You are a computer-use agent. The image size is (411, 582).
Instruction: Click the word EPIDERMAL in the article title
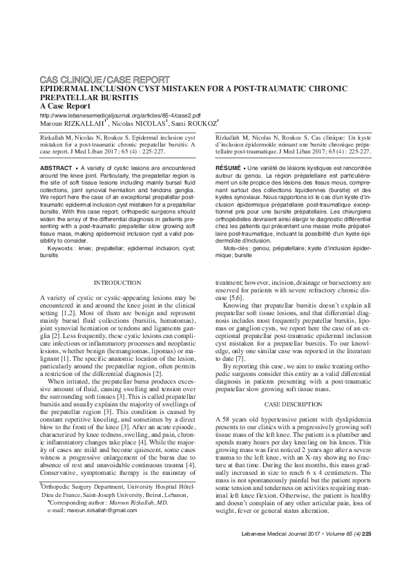coord(66,90)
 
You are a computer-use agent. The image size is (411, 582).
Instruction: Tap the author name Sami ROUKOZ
coord(197,124)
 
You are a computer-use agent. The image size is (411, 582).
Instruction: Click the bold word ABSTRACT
coord(56,168)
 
